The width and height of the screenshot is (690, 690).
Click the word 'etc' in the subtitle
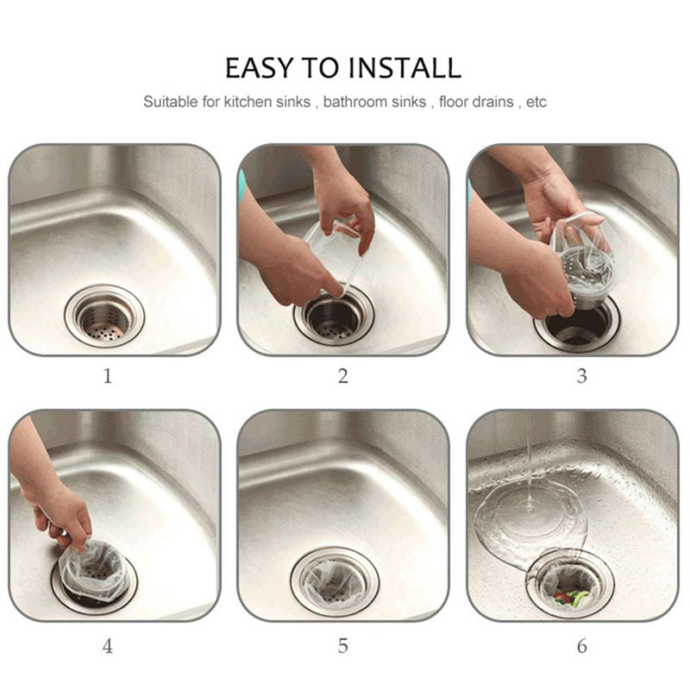click(536, 103)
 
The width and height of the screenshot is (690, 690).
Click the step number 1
click(108, 376)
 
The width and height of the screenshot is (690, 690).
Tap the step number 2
click(343, 376)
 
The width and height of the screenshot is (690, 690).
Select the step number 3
click(581, 376)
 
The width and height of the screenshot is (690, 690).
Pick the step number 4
click(108, 646)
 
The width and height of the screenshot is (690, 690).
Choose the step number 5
click(343, 646)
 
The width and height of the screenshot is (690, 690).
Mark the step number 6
click(581, 646)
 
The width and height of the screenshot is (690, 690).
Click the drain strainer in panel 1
click(103, 315)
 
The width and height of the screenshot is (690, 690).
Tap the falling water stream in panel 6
click(525, 466)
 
